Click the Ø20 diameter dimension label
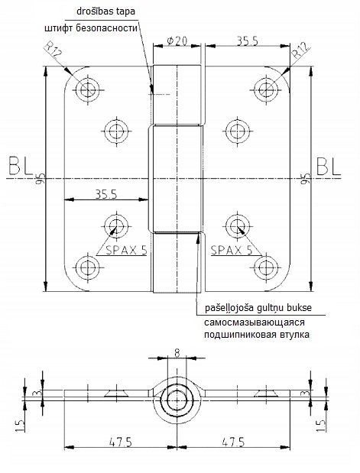point(177,40)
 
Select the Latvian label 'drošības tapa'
point(105,11)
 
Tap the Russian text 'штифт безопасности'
point(91,28)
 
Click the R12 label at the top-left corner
point(53,50)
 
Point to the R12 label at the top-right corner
point(301,50)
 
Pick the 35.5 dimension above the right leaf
point(247,41)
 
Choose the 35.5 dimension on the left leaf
point(106,194)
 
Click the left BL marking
point(21,166)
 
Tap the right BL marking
point(329,166)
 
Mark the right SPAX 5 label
point(232,250)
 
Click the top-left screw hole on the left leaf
point(88,89)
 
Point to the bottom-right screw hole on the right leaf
point(266,267)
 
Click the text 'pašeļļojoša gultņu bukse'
point(258,308)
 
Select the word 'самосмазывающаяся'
point(255,322)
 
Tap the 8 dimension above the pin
point(177,352)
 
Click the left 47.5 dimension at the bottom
point(121,442)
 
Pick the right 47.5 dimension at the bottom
point(233,442)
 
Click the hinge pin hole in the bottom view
point(177,400)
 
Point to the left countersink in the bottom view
point(117,393)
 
